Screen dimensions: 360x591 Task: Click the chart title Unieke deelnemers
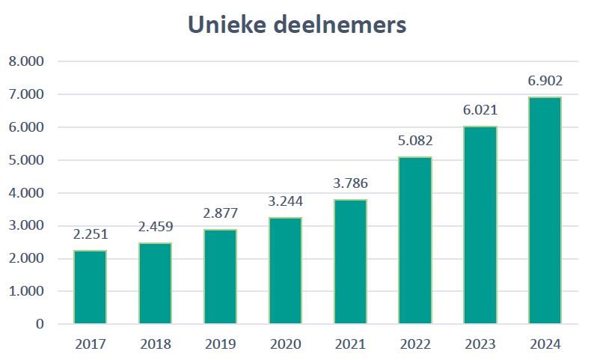[297, 25]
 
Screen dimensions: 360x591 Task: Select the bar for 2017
[90, 287]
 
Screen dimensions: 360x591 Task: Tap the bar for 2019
[220, 277]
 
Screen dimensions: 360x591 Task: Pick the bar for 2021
[350, 262]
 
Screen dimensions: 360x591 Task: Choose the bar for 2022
[415, 240]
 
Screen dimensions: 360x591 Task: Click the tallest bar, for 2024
[545, 210]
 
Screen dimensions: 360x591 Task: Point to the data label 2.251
[91, 234]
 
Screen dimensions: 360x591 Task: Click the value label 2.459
[155, 227]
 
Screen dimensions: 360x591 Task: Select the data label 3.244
[285, 201]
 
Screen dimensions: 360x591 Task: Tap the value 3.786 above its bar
[350, 183]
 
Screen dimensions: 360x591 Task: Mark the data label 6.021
[480, 110]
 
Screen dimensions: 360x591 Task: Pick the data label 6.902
[545, 81]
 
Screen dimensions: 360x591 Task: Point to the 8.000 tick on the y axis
[26, 61]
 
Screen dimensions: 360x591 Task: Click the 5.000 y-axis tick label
[26, 160]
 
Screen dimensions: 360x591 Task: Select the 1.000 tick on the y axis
[26, 291]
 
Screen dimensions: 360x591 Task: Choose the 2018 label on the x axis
[155, 344]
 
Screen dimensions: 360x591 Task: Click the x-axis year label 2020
[285, 344]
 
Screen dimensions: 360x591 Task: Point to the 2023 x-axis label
[480, 344]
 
